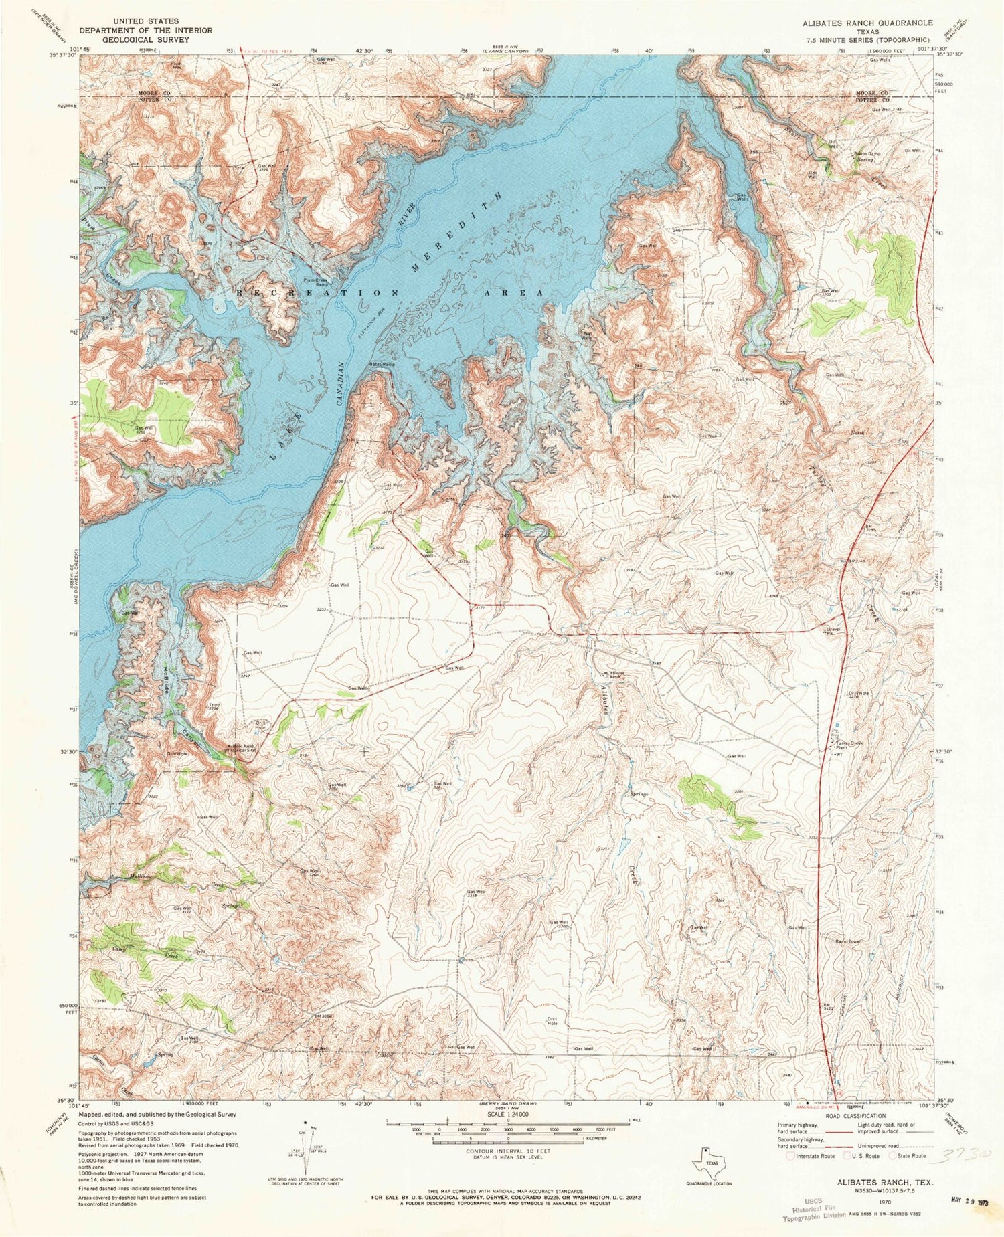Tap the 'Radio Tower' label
point(847,941)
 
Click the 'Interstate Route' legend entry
point(811,1155)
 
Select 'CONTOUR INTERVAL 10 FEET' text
point(507,1151)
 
